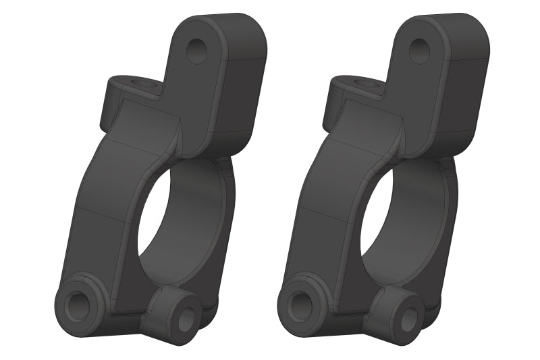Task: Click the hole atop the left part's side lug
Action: tap(141, 83)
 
